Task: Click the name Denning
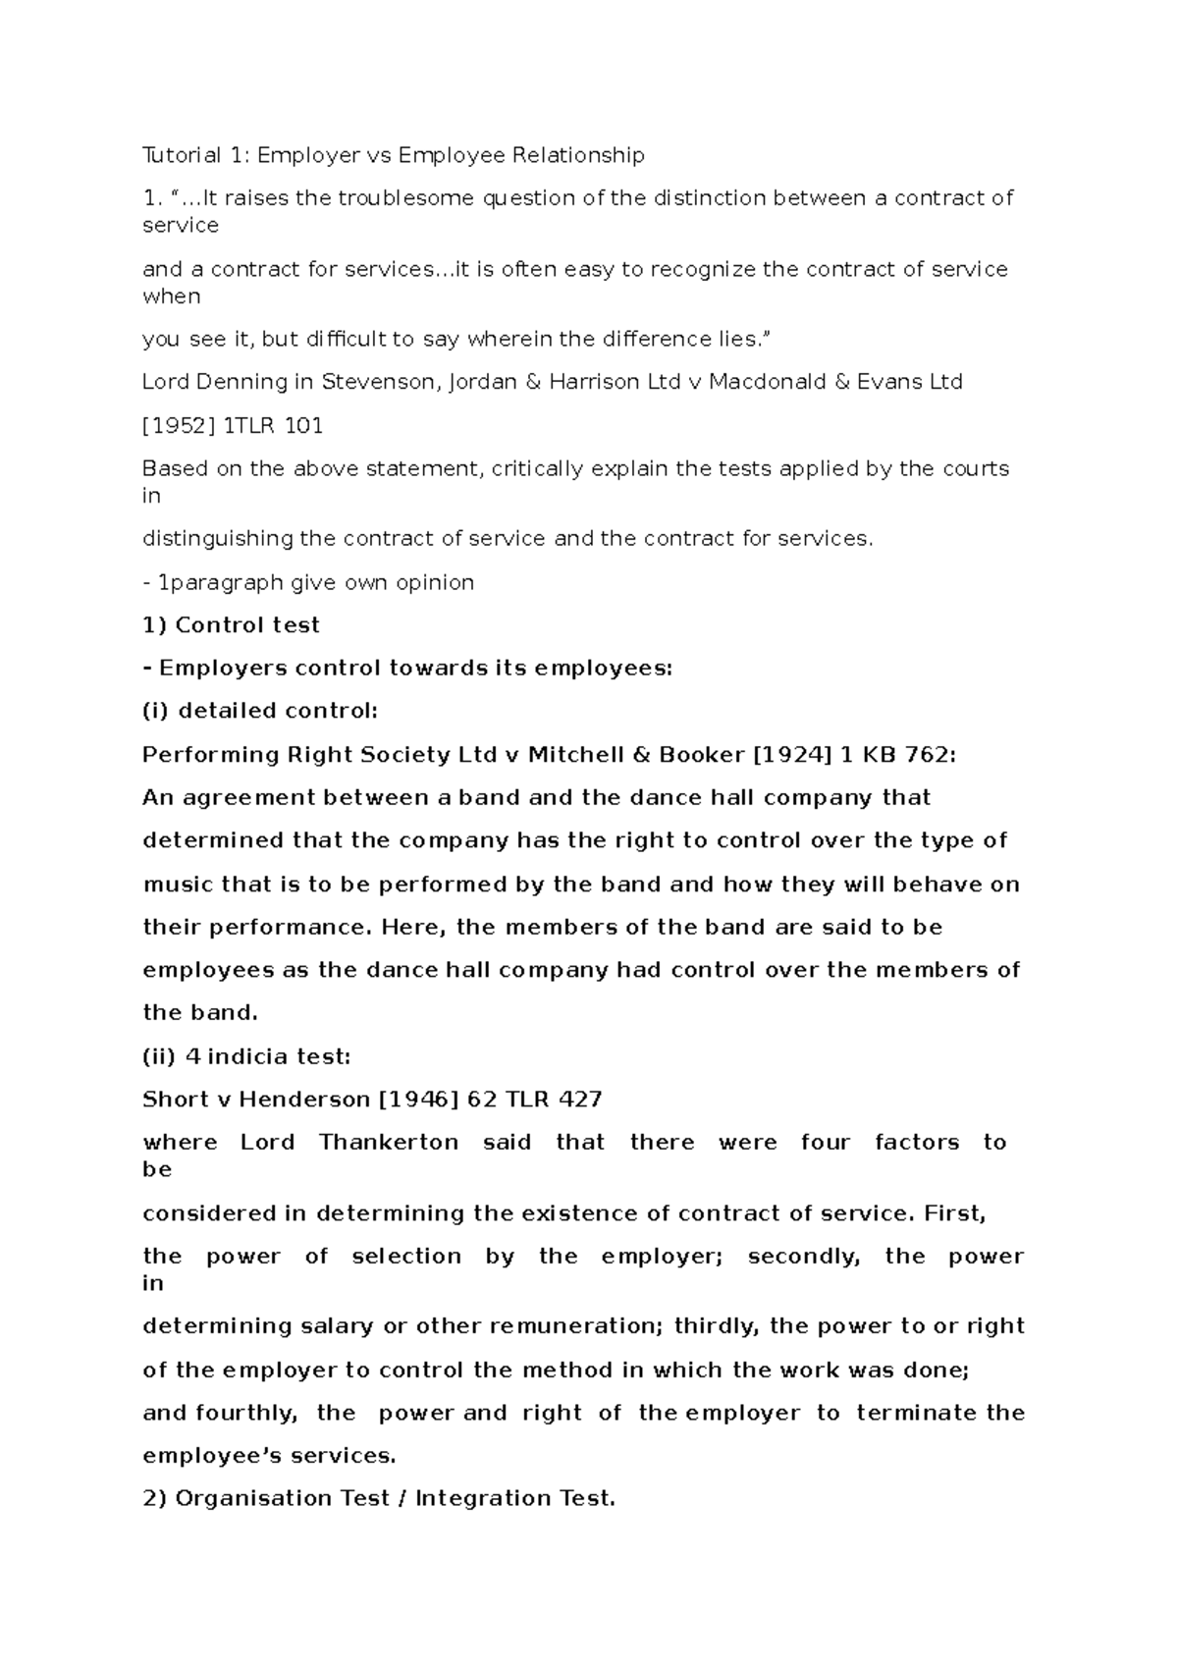click(227, 382)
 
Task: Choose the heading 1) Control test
click(232, 625)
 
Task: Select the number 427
click(579, 1100)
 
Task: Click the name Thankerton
click(389, 1143)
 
